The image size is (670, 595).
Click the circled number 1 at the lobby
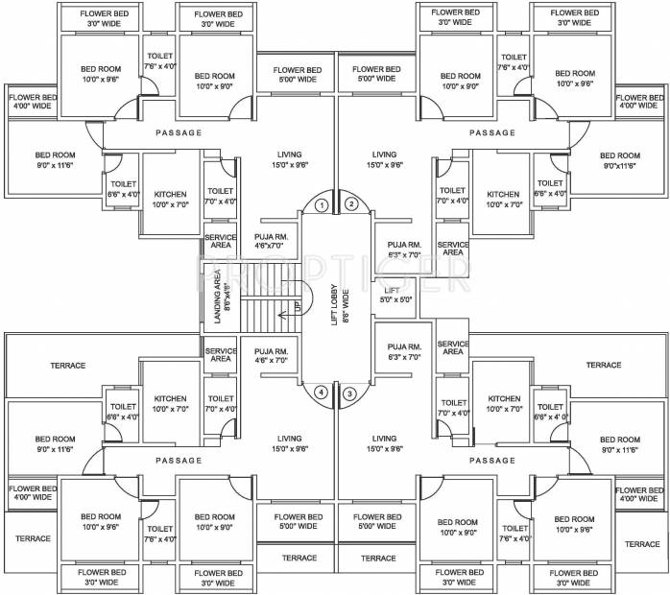point(323,204)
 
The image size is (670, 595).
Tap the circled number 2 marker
point(351,203)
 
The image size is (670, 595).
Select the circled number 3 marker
point(350,393)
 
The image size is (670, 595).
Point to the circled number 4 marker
point(323,393)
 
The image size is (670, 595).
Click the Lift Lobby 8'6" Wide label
point(336,298)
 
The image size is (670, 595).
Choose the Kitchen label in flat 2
point(503,200)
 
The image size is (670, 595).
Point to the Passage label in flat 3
point(492,461)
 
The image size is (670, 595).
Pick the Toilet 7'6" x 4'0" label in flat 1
point(159,61)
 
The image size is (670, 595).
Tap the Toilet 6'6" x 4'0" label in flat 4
point(122,412)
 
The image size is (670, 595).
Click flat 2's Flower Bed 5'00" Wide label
point(376,75)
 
